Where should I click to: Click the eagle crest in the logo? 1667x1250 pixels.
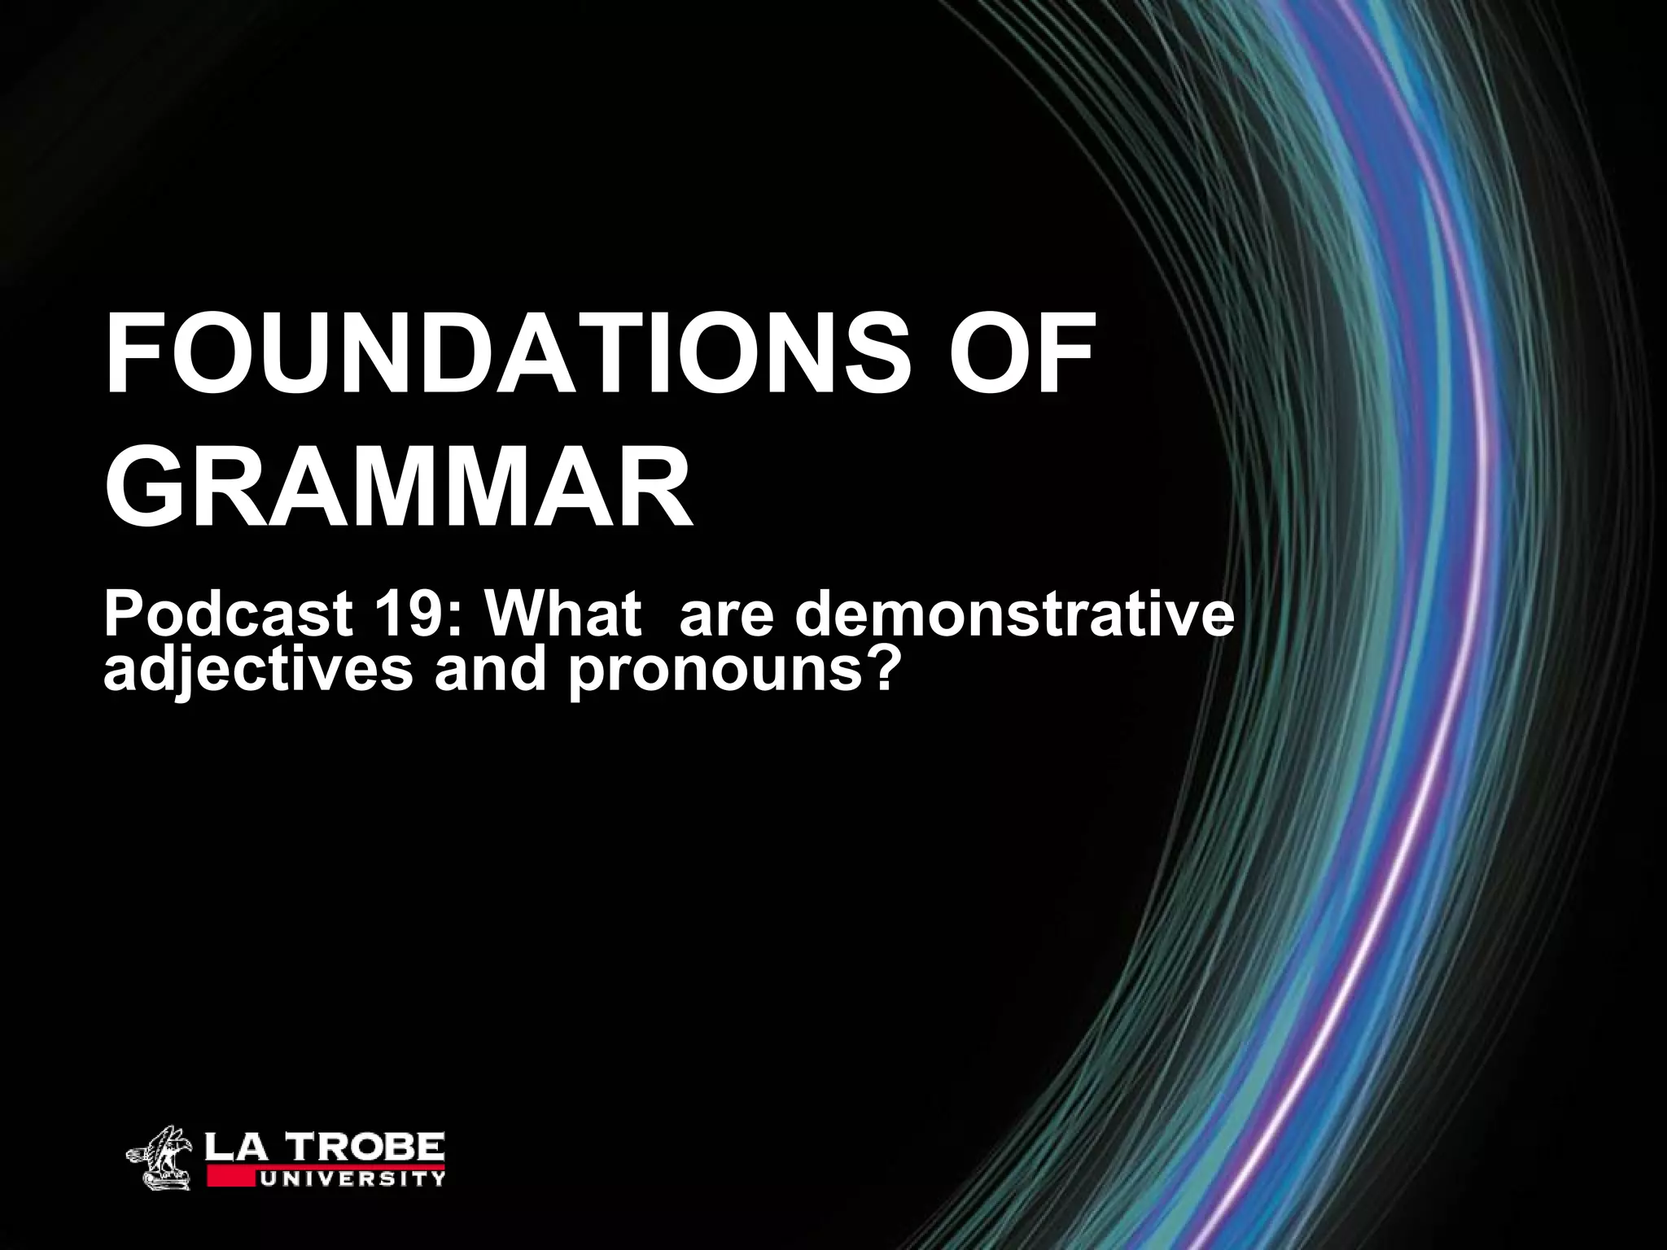tap(161, 1155)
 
